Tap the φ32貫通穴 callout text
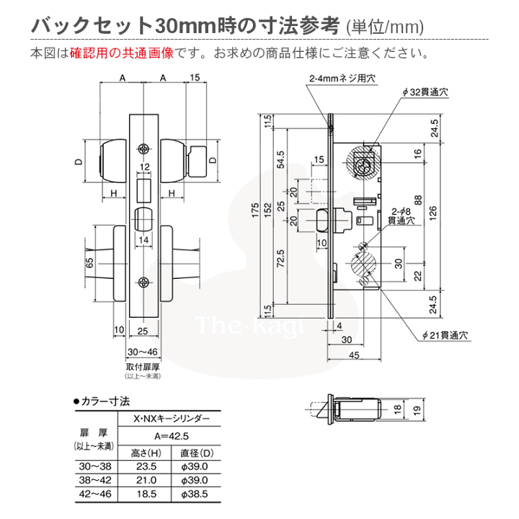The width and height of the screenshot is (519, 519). click(x=425, y=93)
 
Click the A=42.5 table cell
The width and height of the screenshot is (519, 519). click(x=172, y=435)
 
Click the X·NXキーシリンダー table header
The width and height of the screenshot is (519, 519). click(x=172, y=419)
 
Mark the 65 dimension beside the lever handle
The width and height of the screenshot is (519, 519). click(x=89, y=263)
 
